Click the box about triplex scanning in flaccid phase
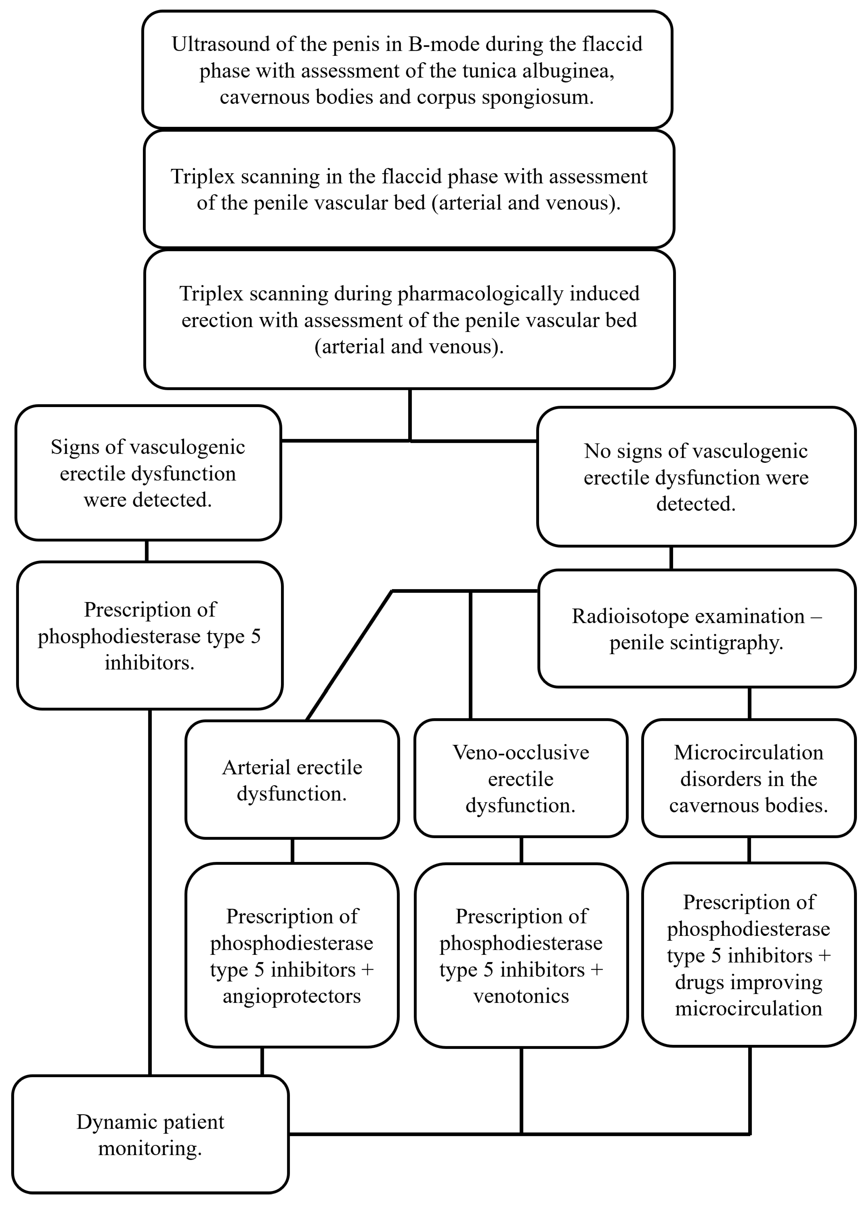click(x=409, y=189)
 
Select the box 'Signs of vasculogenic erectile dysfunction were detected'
click(x=148, y=473)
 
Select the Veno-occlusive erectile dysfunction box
click(x=521, y=779)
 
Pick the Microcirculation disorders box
click(x=748, y=779)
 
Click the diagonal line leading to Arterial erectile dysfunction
click(x=349, y=656)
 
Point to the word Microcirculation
click(x=748, y=752)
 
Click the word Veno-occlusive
click(x=521, y=752)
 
